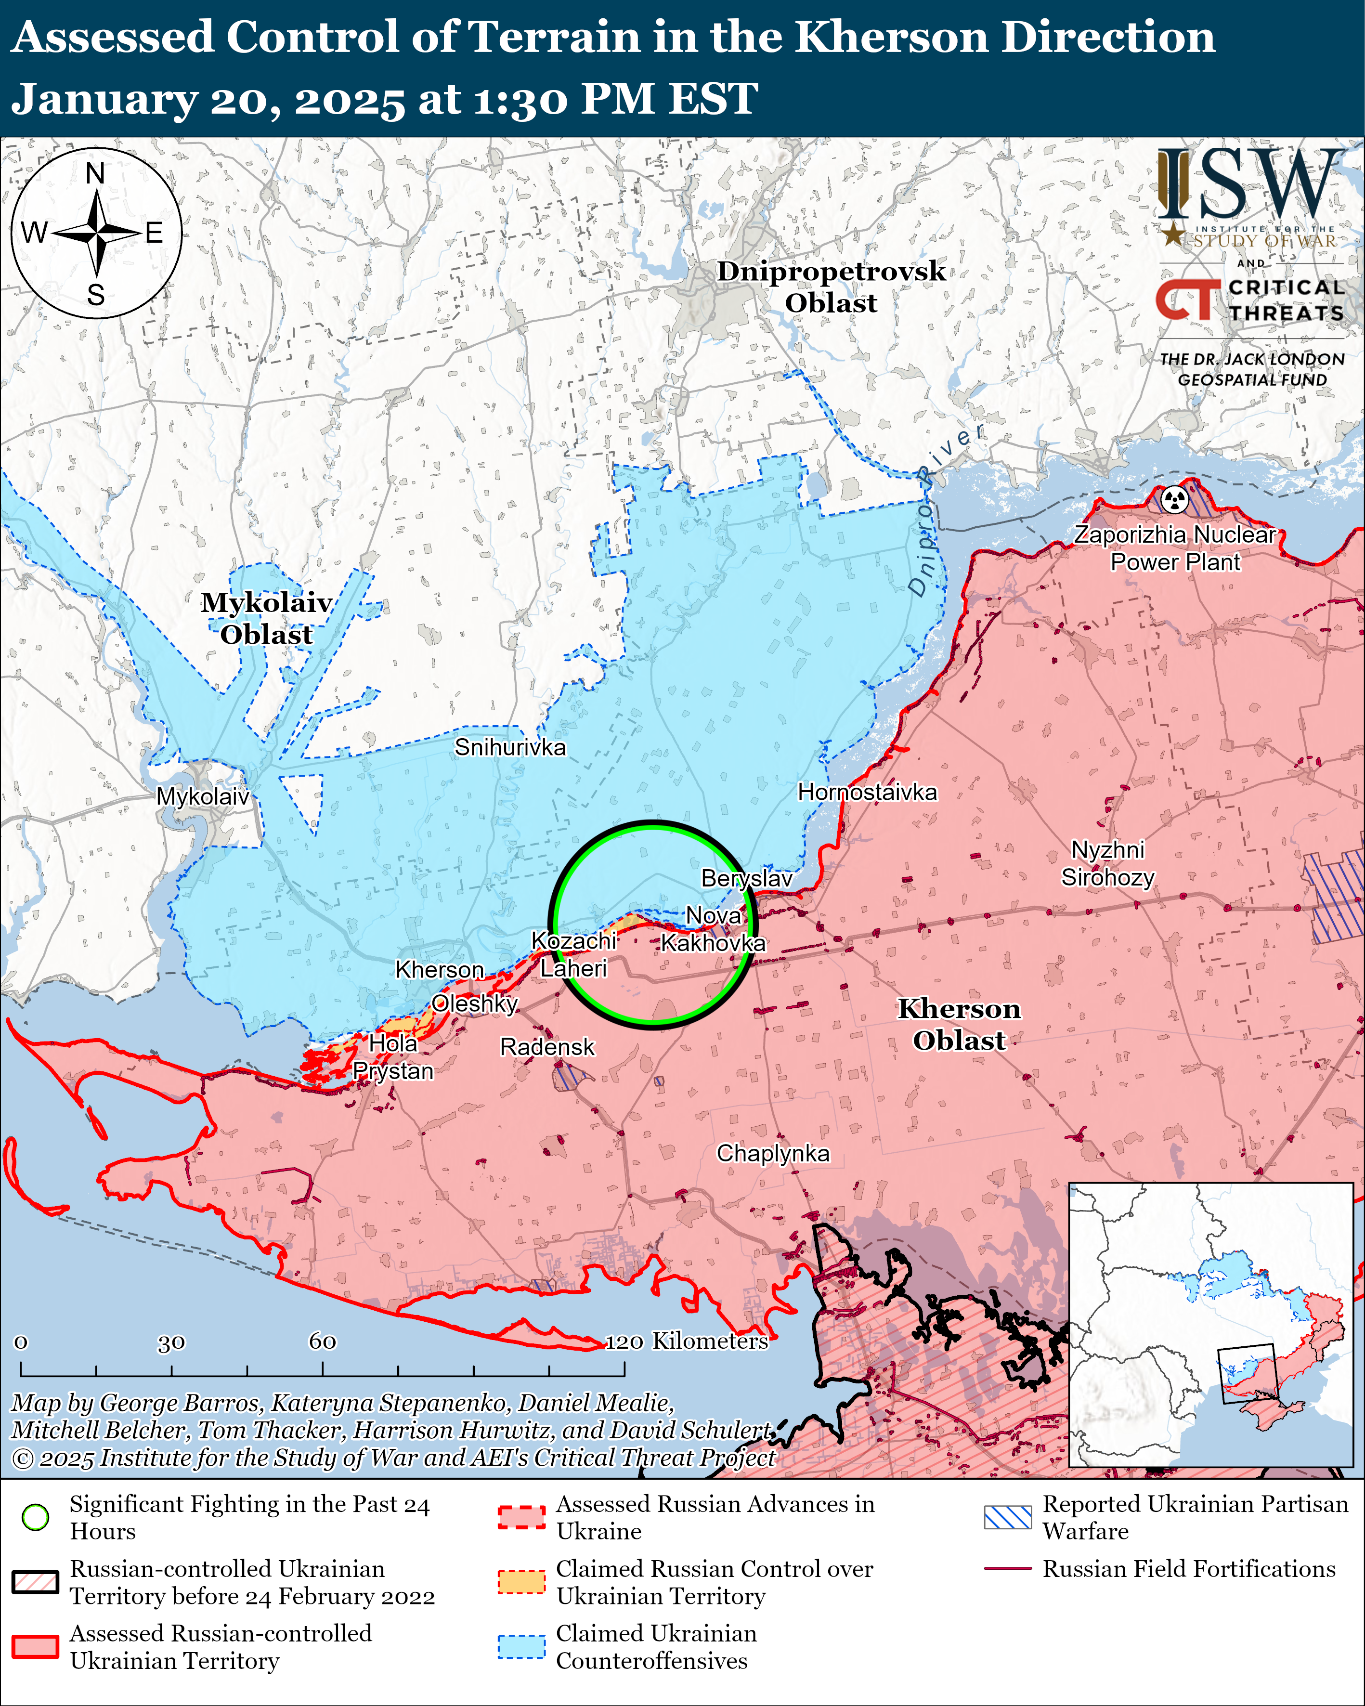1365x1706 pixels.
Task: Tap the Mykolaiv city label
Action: pos(203,796)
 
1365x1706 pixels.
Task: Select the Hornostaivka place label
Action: pos(867,792)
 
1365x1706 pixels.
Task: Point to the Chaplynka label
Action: pos(773,1153)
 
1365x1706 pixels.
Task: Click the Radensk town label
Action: pos(547,1047)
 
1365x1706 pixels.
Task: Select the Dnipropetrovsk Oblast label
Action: pos(831,287)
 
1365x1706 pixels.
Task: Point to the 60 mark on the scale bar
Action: pos(322,1341)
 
